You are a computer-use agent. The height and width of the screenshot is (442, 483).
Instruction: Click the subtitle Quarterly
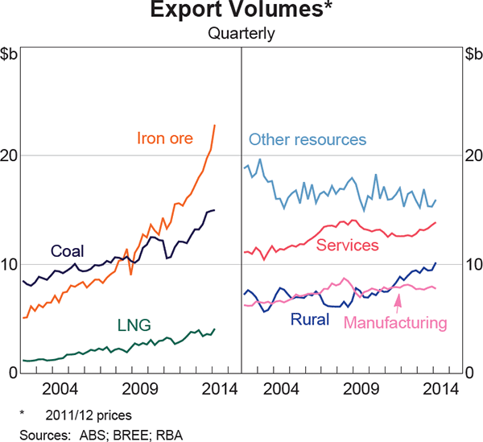click(x=241, y=34)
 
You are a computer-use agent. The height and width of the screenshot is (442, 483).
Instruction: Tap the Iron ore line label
click(x=165, y=138)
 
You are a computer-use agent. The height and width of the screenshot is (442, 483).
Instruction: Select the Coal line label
click(x=68, y=250)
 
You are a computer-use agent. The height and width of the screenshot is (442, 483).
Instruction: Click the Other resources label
click(x=308, y=139)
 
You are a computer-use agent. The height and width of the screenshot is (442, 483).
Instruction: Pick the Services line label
click(x=347, y=245)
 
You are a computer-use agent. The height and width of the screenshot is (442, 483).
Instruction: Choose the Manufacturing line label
click(x=394, y=323)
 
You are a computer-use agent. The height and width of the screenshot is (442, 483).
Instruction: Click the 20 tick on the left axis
click(x=11, y=155)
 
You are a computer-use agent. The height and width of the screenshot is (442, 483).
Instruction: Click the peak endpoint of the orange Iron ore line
click(x=215, y=125)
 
